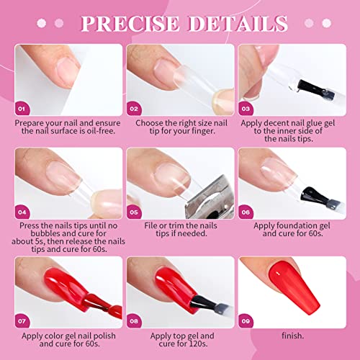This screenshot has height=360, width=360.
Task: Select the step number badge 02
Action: (x=135, y=109)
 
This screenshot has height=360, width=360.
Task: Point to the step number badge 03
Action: (x=247, y=109)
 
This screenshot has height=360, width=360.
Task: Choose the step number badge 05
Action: (x=135, y=212)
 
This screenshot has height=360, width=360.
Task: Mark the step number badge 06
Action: (x=247, y=212)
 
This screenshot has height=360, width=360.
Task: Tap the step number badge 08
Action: (x=135, y=322)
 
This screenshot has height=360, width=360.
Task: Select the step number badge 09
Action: (x=247, y=322)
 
